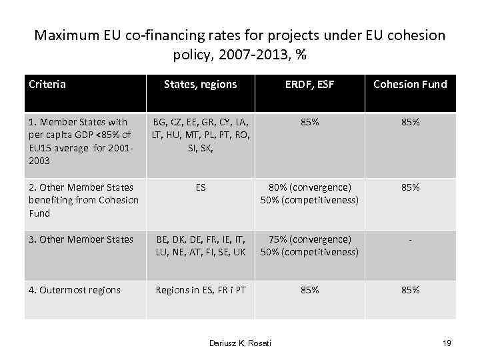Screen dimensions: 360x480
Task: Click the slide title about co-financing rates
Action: [x=240, y=44]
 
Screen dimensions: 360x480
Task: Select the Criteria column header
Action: [x=47, y=84]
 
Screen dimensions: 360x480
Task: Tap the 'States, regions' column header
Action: [x=200, y=84]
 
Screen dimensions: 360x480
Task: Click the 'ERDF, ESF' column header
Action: [x=309, y=84]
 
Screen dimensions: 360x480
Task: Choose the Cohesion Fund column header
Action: [x=410, y=84]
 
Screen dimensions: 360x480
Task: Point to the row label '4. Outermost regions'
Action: [x=75, y=290]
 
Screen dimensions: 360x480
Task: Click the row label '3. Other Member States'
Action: [x=81, y=239]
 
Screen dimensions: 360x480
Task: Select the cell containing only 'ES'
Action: [x=200, y=188]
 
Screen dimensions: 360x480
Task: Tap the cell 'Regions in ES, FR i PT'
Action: [x=200, y=290]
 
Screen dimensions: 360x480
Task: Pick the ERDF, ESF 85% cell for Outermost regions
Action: [x=309, y=290]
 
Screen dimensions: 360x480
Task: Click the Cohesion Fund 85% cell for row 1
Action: [x=410, y=123]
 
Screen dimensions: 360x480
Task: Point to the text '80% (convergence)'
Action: [x=309, y=188]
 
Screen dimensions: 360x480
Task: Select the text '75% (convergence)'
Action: [x=309, y=239]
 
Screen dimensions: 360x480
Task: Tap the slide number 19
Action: [x=447, y=343]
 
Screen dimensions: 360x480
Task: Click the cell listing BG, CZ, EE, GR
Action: [x=200, y=135]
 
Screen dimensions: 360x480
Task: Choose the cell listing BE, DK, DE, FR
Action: [x=200, y=245]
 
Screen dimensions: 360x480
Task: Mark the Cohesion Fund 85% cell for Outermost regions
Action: [x=410, y=290]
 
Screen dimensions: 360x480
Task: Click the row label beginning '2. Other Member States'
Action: [x=83, y=200]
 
